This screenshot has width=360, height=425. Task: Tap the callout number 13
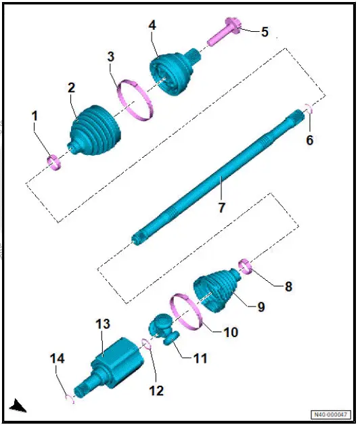click(x=102, y=325)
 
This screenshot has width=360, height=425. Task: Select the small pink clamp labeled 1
click(x=53, y=160)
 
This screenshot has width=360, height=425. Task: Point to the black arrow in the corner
click(x=18, y=406)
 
